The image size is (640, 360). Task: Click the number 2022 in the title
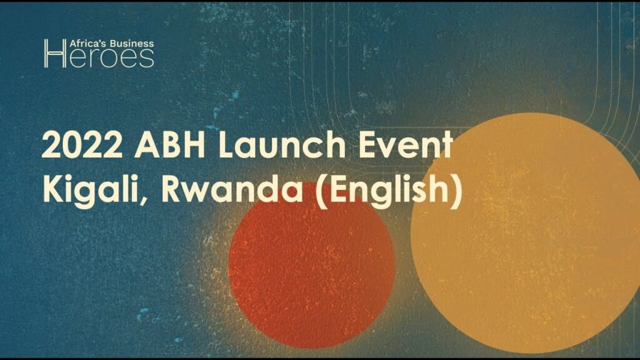click(82, 144)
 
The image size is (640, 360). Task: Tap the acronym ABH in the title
click(170, 144)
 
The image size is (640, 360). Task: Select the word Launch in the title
click(282, 144)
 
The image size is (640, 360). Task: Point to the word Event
click(406, 144)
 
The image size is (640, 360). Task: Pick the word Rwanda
click(232, 190)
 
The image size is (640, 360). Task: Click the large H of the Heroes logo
click(55, 54)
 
